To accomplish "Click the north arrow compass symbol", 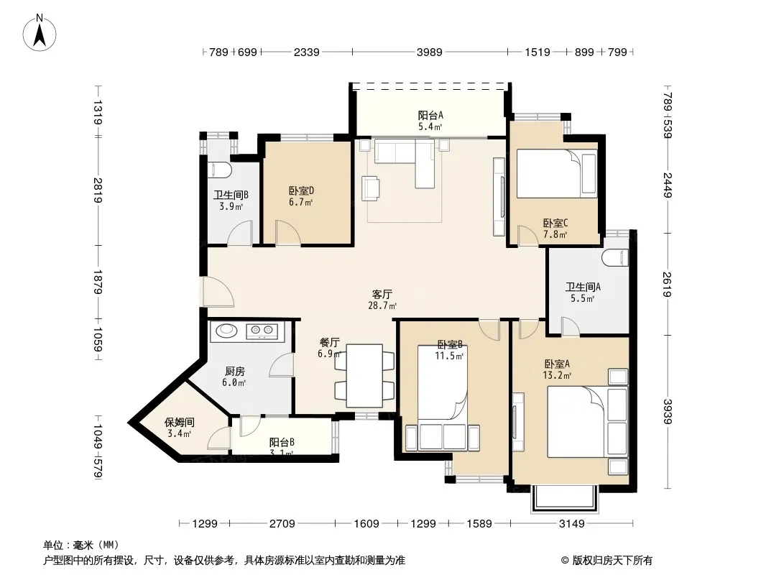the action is coord(40,33).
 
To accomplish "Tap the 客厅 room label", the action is coord(382,294).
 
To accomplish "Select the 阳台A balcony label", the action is coord(430,115).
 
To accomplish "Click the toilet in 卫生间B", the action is coord(219,170).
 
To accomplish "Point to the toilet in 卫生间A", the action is coord(615,257).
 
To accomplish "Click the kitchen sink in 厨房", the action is coord(226,331).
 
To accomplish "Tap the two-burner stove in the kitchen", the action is coord(262,331).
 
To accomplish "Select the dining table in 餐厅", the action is coord(364,376).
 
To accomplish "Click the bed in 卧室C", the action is coord(557,173).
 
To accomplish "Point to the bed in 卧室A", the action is coord(587,422).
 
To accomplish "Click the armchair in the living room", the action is coord(371,188).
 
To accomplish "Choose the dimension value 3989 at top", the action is coord(430,52).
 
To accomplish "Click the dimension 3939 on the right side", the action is coord(668,411).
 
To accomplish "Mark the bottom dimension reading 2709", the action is coord(282,524).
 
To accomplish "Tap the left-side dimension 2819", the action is coord(98,190).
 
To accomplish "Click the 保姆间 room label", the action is coord(180,422).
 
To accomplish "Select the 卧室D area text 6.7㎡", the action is coord(300,202).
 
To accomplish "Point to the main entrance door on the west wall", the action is coord(218,292).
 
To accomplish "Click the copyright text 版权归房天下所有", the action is coord(612,561).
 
